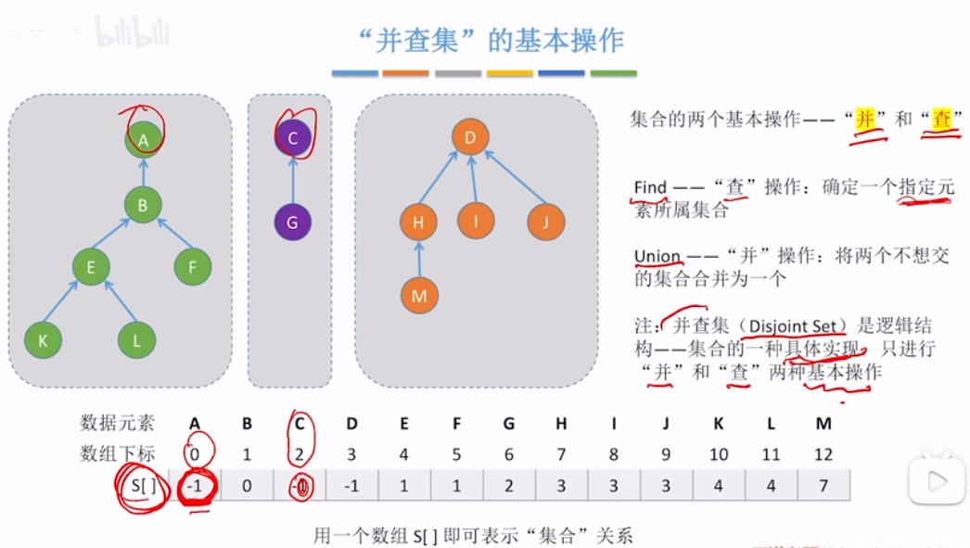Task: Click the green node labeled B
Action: pos(143,205)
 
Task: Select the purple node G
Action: pos(293,223)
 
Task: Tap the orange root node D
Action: pos(470,139)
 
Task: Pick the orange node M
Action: pos(419,296)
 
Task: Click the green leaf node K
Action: pos(43,339)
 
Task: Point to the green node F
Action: pos(193,267)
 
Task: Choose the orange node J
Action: pos(546,222)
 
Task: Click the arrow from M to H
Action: pos(419,259)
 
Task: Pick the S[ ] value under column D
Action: pos(351,484)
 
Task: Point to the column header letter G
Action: pos(509,424)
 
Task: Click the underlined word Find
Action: pos(650,187)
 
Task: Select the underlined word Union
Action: pos(657,256)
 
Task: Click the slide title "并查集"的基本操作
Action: pos(491,41)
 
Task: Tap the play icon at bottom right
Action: pos(935,480)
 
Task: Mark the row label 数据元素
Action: pos(117,424)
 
